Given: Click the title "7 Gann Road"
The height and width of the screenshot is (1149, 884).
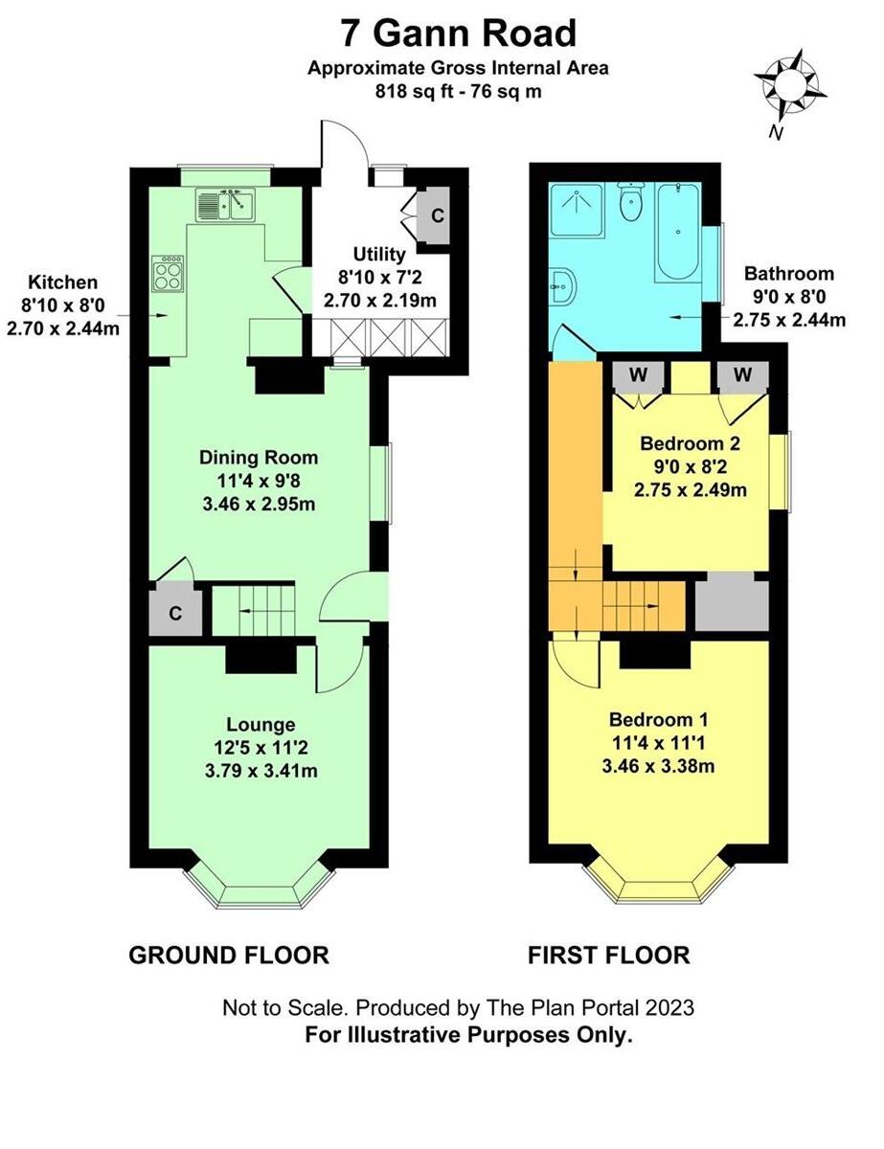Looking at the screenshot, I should point(458,34).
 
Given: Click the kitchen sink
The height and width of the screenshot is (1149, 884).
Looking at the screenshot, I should point(225,204).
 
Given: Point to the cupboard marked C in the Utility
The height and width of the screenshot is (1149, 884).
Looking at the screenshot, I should point(437,215).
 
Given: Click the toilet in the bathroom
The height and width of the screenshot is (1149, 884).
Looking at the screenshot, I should point(631,204).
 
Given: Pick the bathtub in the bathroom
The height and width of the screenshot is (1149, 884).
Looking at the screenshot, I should point(679,233).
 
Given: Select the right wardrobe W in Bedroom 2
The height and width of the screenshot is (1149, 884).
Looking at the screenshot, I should point(742,375).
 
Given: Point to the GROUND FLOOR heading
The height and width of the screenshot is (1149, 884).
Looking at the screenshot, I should point(229,955).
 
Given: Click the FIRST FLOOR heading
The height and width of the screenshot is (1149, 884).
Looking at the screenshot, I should point(608,955).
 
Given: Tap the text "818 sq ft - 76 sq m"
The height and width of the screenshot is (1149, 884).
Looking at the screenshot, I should point(457,92).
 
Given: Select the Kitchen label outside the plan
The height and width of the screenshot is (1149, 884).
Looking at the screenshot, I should point(62,282).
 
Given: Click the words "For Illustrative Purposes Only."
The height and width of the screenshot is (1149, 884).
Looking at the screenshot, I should point(468,1035).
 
